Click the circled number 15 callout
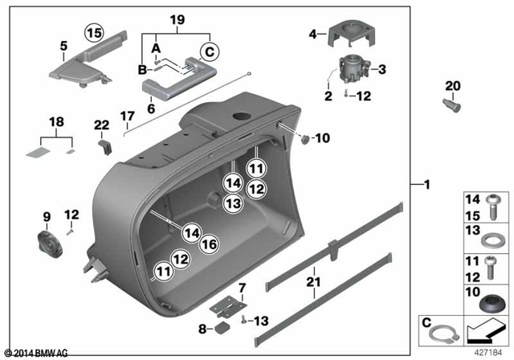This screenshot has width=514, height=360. (95, 33)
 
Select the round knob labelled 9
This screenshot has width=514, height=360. (47, 241)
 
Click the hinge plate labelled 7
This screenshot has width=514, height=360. (226, 307)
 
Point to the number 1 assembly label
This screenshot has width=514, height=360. (427, 185)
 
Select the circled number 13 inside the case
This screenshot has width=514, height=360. (232, 205)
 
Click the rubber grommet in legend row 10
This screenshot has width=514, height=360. (490, 306)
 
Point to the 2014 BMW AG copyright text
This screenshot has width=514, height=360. (36, 353)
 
